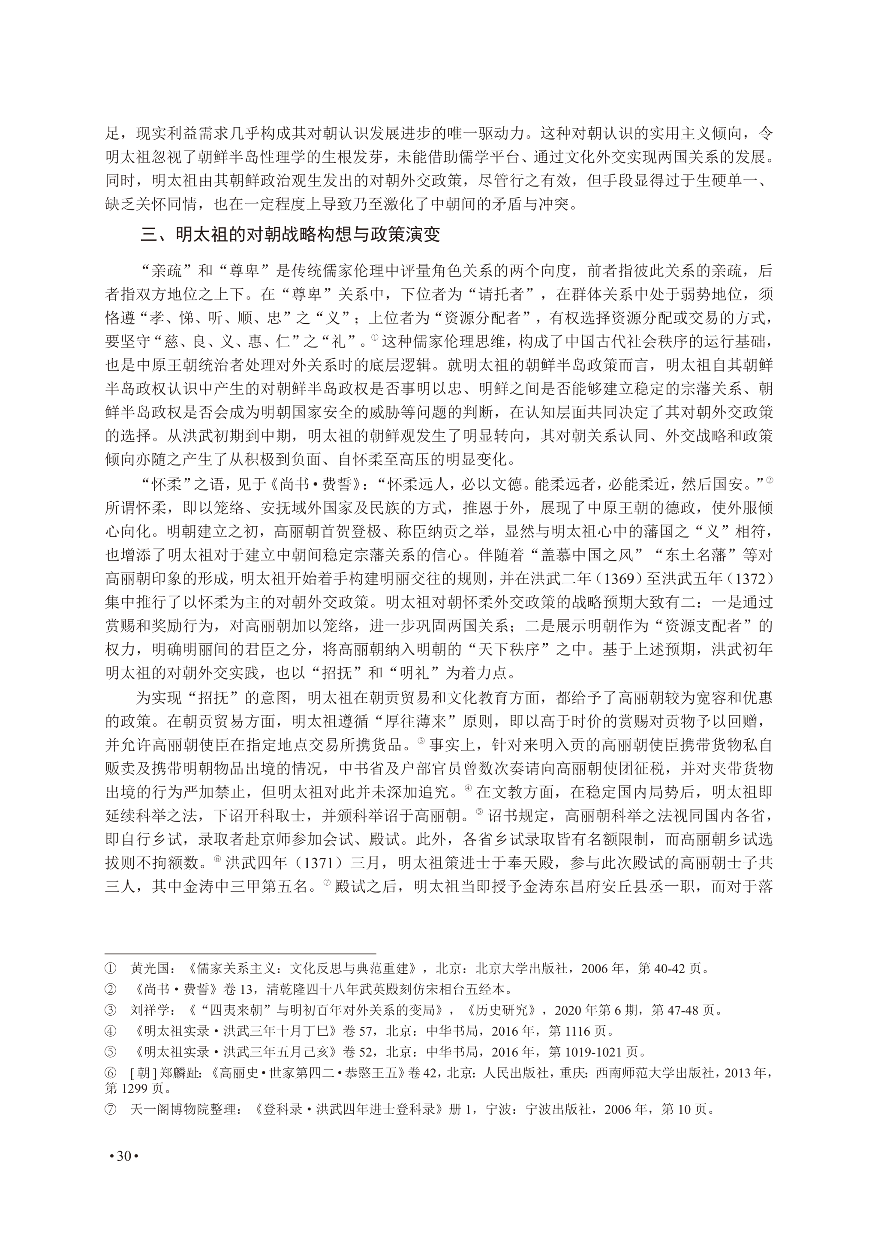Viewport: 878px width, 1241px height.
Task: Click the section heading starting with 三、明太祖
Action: click(290, 234)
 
